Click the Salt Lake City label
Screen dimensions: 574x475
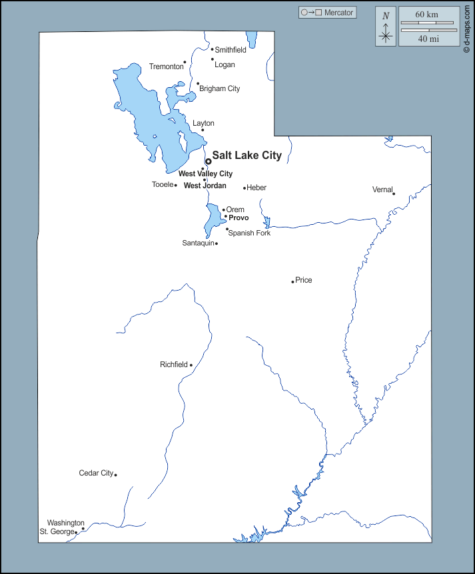[x=246, y=156]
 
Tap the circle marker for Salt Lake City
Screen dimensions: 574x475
[x=208, y=161]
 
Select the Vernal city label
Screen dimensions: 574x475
[x=382, y=190]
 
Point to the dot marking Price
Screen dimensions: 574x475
[x=292, y=282]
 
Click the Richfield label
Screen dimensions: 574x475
[x=175, y=364]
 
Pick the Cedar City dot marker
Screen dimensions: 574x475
[x=115, y=474]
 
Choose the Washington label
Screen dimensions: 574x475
[x=65, y=523]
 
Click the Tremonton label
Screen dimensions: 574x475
[x=166, y=67]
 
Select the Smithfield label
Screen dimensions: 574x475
[x=231, y=50]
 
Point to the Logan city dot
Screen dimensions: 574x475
[x=213, y=59]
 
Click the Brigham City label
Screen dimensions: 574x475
[x=219, y=88]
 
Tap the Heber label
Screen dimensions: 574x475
[x=256, y=188]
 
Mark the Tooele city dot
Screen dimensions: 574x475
[x=176, y=185]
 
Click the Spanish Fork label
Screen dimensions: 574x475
[x=249, y=233]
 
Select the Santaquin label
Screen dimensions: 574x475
[x=198, y=243]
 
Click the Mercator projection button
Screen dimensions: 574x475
[x=327, y=13]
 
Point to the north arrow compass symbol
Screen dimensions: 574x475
[x=385, y=27]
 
